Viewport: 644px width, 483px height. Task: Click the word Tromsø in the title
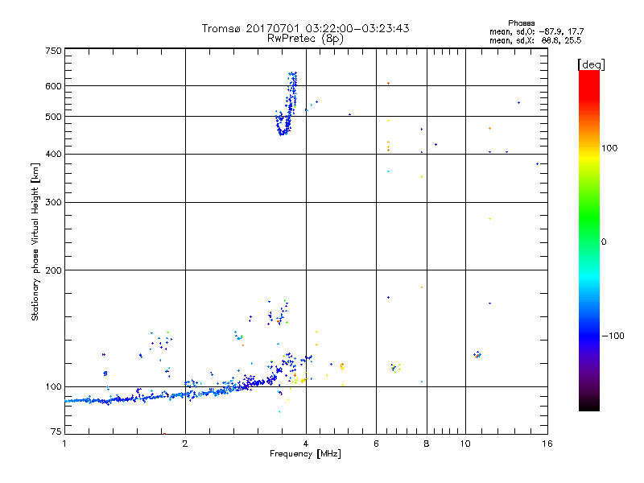pos(220,28)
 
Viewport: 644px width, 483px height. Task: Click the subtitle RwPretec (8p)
pos(306,38)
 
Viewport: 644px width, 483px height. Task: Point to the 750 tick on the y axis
pos(54,51)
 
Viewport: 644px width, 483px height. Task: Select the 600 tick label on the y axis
pos(54,86)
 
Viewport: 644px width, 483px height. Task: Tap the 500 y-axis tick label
pos(54,117)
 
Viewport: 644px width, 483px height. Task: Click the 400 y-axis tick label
pos(54,154)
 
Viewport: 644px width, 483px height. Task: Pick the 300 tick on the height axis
pos(54,202)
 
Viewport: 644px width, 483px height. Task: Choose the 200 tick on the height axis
pos(54,270)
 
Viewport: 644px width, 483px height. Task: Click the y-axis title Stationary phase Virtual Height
pos(35,242)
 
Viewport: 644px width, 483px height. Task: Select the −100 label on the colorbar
pos(616,336)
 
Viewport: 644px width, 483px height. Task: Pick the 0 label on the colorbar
pos(604,242)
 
